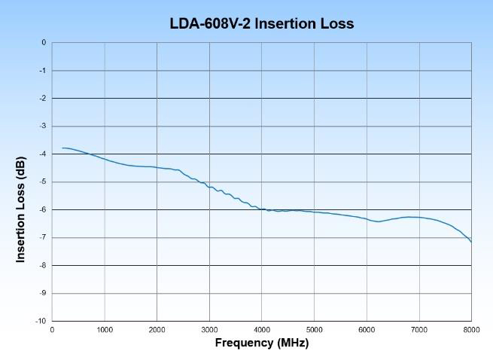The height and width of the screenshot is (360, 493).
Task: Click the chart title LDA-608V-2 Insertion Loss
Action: point(262,24)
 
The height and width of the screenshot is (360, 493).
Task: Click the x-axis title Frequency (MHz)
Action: point(262,343)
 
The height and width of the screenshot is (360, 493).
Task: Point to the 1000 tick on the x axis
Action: point(104,329)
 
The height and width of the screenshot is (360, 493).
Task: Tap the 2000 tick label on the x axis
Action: point(157,329)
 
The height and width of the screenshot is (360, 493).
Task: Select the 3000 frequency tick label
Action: point(209,329)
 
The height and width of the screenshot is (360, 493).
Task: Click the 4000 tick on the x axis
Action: point(262,329)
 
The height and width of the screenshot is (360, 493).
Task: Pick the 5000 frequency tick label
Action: point(315,329)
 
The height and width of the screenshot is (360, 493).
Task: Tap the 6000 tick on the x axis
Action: point(367,329)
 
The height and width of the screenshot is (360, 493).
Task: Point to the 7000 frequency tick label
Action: point(419,329)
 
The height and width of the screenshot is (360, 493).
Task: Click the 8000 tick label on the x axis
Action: point(471,329)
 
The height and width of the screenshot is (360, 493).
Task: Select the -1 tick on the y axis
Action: point(44,71)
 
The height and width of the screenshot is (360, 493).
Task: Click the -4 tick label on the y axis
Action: point(44,154)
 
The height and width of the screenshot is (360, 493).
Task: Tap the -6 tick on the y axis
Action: point(44,209)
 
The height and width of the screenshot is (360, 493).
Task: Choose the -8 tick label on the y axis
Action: point(44,265)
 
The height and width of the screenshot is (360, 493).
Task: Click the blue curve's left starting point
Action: point(62,148)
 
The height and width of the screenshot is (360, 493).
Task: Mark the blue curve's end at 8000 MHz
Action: point(471,242)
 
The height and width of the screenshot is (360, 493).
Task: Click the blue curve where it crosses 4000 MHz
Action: point(262,209)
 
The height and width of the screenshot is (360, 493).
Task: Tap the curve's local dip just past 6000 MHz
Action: point(379,221)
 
